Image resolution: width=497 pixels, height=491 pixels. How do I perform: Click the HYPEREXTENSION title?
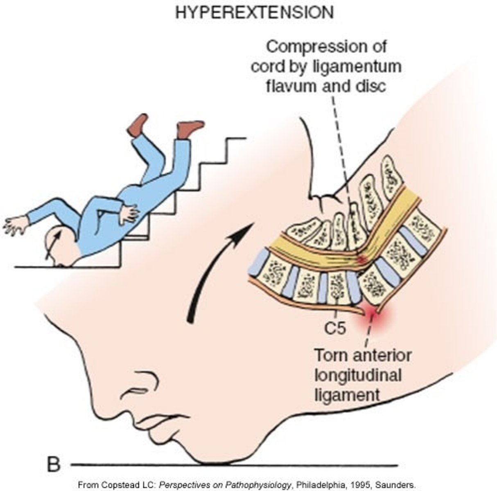[254, 13]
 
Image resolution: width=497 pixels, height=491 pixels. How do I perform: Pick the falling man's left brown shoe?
[138, 124]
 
